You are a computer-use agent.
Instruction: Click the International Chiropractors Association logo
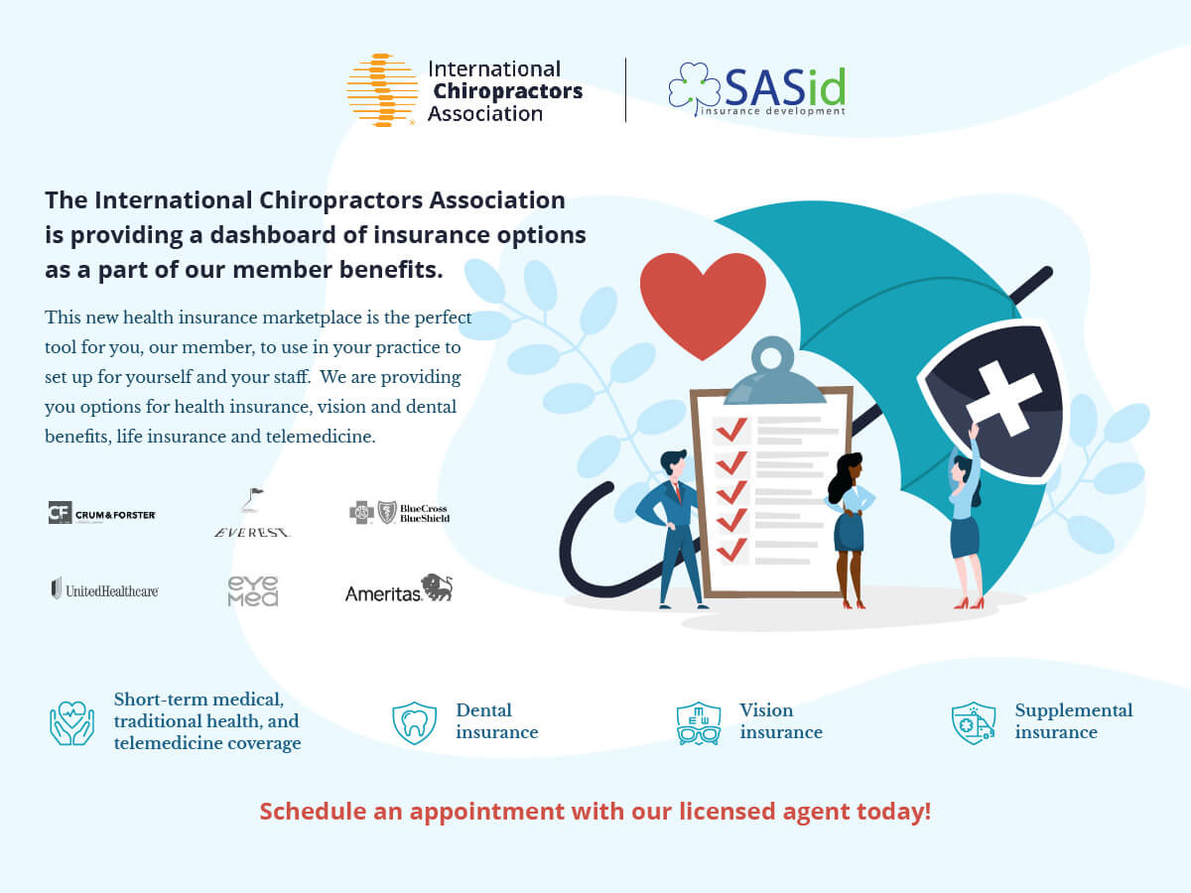463,90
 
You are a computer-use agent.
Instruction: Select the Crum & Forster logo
102,513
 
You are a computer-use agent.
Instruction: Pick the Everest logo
253,513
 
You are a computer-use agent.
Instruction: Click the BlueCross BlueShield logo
399,512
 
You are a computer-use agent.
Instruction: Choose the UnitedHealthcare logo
104,589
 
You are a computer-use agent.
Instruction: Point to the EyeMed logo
253,590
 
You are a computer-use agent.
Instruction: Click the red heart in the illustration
703,298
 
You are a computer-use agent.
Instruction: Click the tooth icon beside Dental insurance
415,722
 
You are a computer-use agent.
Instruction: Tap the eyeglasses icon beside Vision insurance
699,724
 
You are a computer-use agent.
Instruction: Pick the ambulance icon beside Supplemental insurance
974,723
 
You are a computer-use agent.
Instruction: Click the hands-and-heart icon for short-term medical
71,723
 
